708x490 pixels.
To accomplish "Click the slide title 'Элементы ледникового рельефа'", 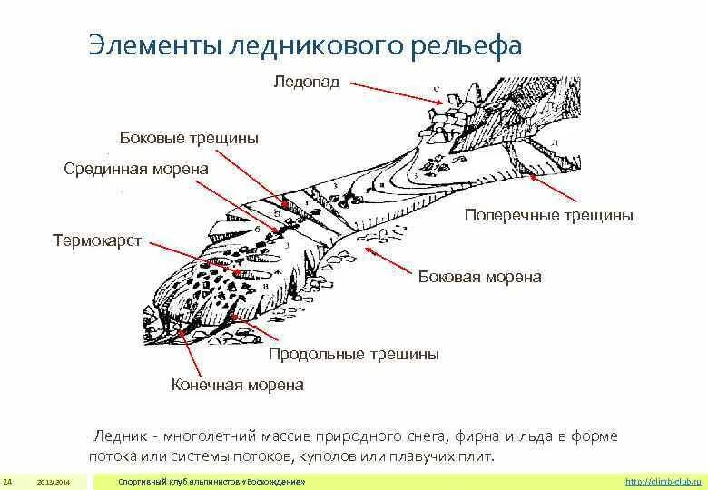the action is (x=305, y=45).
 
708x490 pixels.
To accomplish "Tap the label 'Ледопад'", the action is (x=306, y=83).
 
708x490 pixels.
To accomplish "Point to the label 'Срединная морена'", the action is (x=136, y=169).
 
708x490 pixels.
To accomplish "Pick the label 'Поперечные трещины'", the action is (x=548, y=216).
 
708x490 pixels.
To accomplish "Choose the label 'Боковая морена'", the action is (x=479, y=277).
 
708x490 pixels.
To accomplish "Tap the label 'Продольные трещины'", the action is (x=353, y=354).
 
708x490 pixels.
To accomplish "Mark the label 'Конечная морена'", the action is (x=237, y=385).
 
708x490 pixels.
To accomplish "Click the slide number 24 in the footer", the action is (x=7, y=480).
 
